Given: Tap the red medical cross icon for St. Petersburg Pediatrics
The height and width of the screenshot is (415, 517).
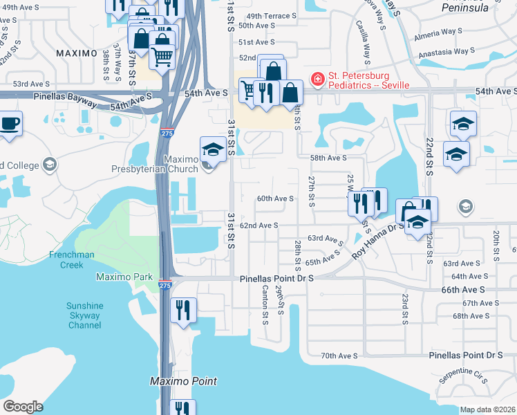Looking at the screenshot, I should tap(317, 80).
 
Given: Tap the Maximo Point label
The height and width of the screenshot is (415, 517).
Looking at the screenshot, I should tap(184, 381).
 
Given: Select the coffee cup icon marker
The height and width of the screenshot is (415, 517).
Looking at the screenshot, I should tap(10, 124).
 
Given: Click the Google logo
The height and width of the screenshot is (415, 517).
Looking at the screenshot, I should tap(23, 407).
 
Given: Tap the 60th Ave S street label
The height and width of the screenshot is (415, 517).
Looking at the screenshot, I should tap(276, 199).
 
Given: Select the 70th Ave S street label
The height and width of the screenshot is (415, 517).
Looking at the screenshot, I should tap(339, 356).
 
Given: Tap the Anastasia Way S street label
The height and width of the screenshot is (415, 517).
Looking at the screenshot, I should tap(442, 50).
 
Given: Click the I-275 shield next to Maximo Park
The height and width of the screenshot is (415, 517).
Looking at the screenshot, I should tap(164, 284).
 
